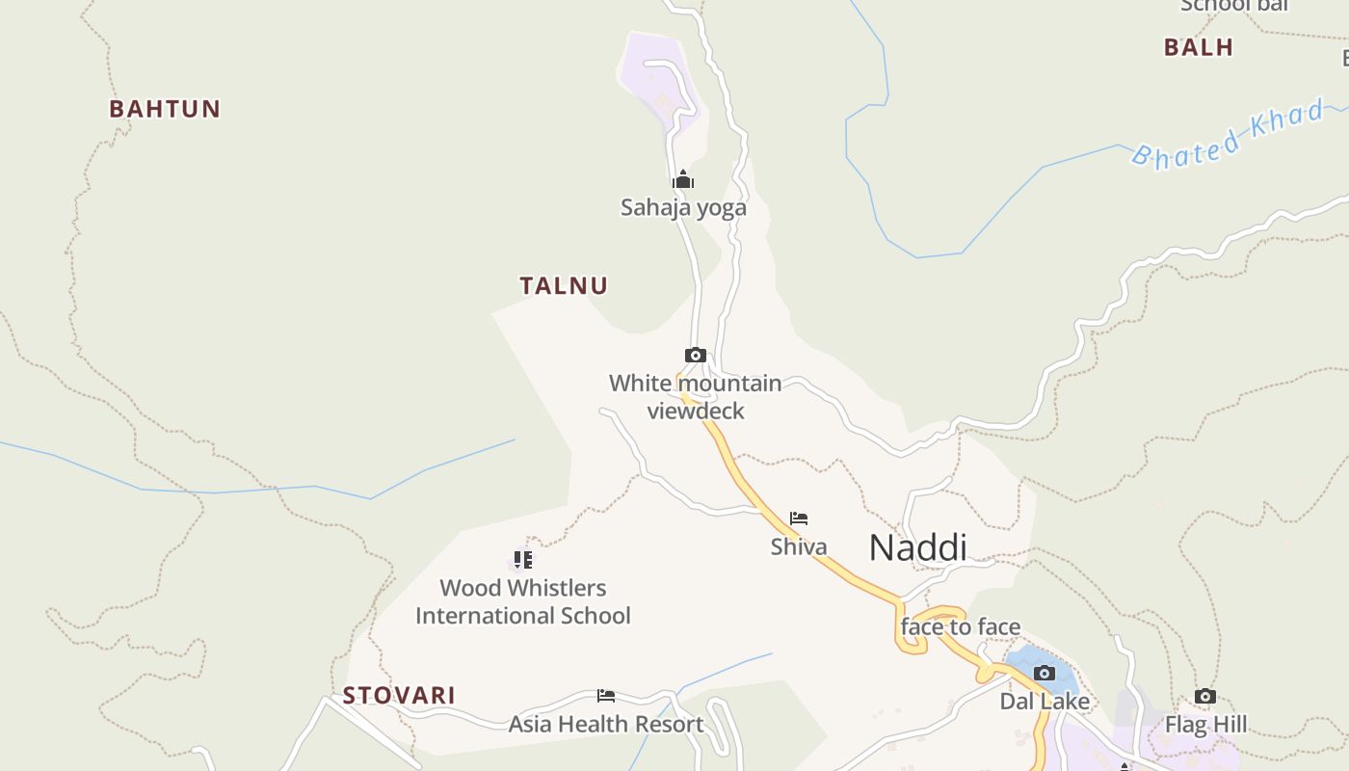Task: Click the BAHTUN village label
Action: coord(165,109)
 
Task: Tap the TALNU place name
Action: coord(564,285)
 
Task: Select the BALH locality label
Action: coord(1198,47)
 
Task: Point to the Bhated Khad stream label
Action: coord(1228,134)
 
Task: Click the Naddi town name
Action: coord(917,547)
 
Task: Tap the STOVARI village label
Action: coord(399,695)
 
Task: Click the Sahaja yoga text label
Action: coord(683,207)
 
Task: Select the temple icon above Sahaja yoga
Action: coord(683,180)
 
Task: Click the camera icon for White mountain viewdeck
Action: coord(695,356)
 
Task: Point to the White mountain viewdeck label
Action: coord(696,397)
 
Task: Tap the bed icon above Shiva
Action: coord(799,518)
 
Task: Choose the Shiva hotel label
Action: coord(799,546)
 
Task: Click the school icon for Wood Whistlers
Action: coord(523,560)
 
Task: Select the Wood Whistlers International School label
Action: coord(523,601)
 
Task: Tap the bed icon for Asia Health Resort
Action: coord(606,696)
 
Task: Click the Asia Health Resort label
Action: coord(606,724)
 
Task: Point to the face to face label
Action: coord(961,627)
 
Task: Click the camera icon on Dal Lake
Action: coord(1045,673)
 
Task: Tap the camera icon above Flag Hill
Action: coord(1205,697)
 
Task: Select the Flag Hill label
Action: coord(1205,725)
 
